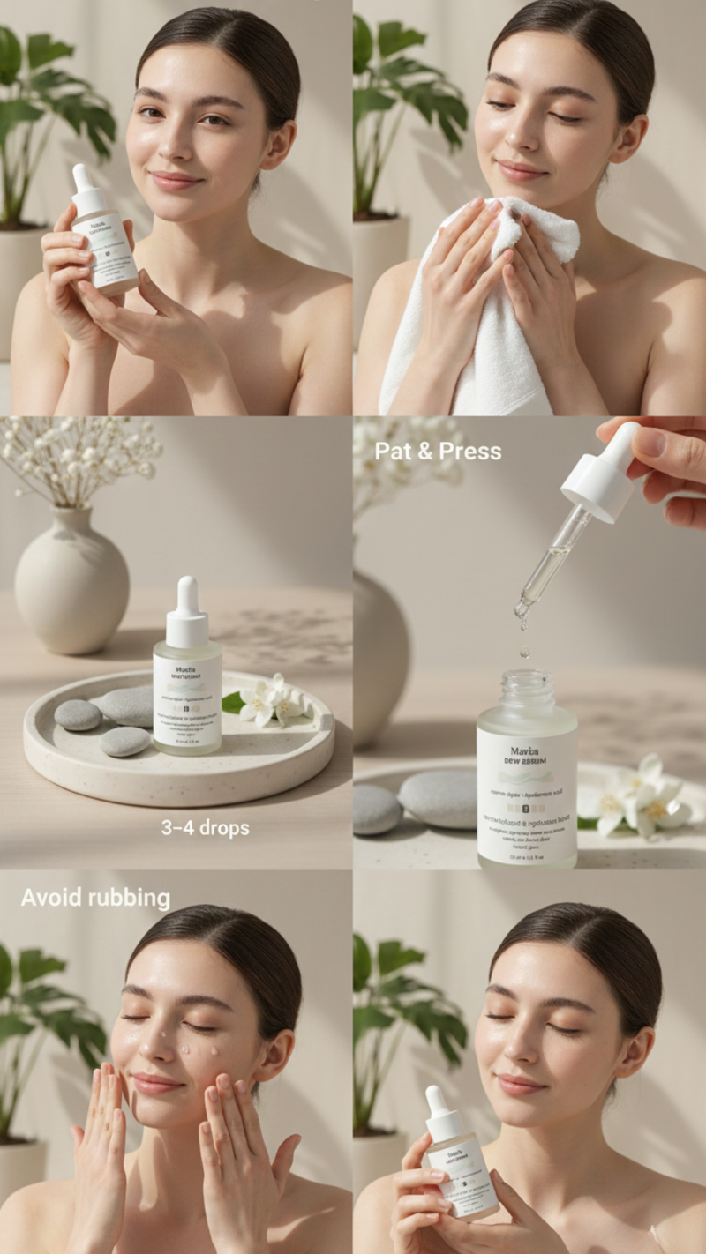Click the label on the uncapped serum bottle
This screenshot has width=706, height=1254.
tap(527, 794)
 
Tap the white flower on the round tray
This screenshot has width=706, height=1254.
tap(265, 701)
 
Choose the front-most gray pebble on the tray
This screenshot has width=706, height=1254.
tap(124, 741)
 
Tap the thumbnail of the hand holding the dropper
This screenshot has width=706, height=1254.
tap(650, 441)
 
